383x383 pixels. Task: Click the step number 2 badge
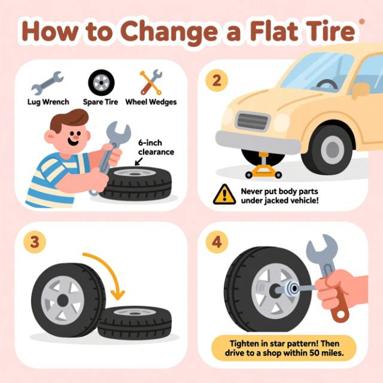[x=217, y=80]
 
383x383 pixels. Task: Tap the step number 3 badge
[x=35, y=242]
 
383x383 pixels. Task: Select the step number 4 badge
[x=217, y=242]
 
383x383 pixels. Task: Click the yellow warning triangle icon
[x=224, y=194]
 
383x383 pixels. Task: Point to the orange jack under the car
[x=263, y=166]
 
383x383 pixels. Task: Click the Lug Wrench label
[x=48, y=102]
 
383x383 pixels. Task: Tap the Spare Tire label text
[x=101, y=102]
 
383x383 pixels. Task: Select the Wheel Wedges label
[x=151, y=102]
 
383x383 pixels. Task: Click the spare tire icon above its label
[x=101, y=83]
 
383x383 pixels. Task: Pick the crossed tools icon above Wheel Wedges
[x=151, y=82]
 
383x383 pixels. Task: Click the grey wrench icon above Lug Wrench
[x=47, y=83]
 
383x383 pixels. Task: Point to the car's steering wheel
[x=327, y=84]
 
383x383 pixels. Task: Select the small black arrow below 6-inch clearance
[x=139, y=161]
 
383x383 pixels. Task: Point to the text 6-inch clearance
[x=156, y=147]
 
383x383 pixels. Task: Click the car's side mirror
[x=361, y=90]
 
